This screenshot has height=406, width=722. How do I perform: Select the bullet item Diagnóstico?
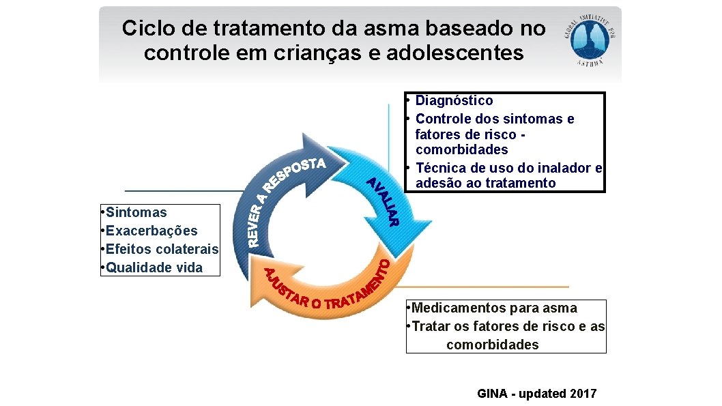tap(454, 101)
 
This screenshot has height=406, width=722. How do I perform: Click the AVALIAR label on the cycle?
tap(383, 202)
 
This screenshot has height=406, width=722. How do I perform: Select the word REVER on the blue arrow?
tap(255, 218)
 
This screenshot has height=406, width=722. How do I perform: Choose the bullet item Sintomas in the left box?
tap(136, 213)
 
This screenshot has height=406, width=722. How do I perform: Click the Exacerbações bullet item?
tap(151, 231)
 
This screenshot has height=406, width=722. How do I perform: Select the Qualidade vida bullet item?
tap(154, 267)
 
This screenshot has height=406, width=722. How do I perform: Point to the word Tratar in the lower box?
tap(431, 327)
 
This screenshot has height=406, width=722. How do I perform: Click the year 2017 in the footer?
tap(583, 394)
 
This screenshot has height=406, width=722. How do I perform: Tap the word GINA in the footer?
tap(493, 394)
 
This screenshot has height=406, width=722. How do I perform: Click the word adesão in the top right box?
tap(437, 183)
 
